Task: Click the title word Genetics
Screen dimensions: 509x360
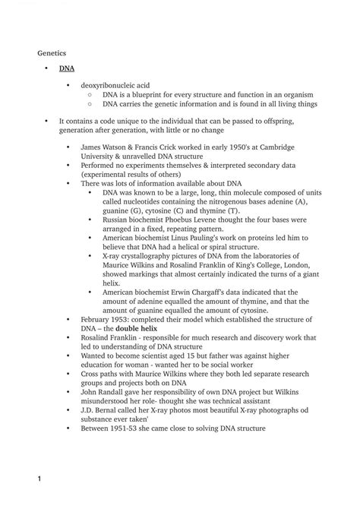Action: click(52, 53)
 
